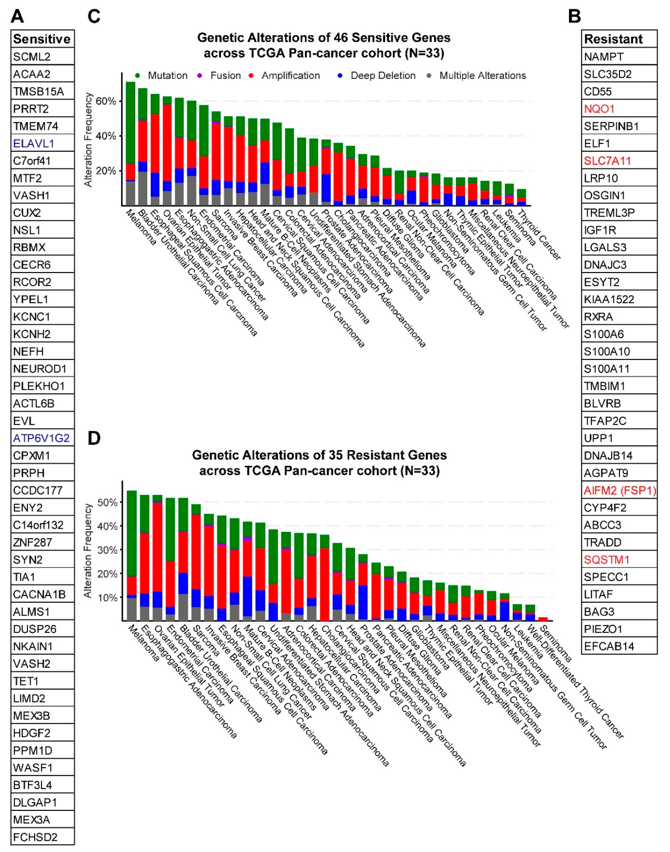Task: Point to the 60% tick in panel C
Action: (x=106, y=101)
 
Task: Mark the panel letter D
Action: (x=94, y=438)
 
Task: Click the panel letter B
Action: (x=575, y=16)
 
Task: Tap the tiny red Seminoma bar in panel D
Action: (x=543, y=619)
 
